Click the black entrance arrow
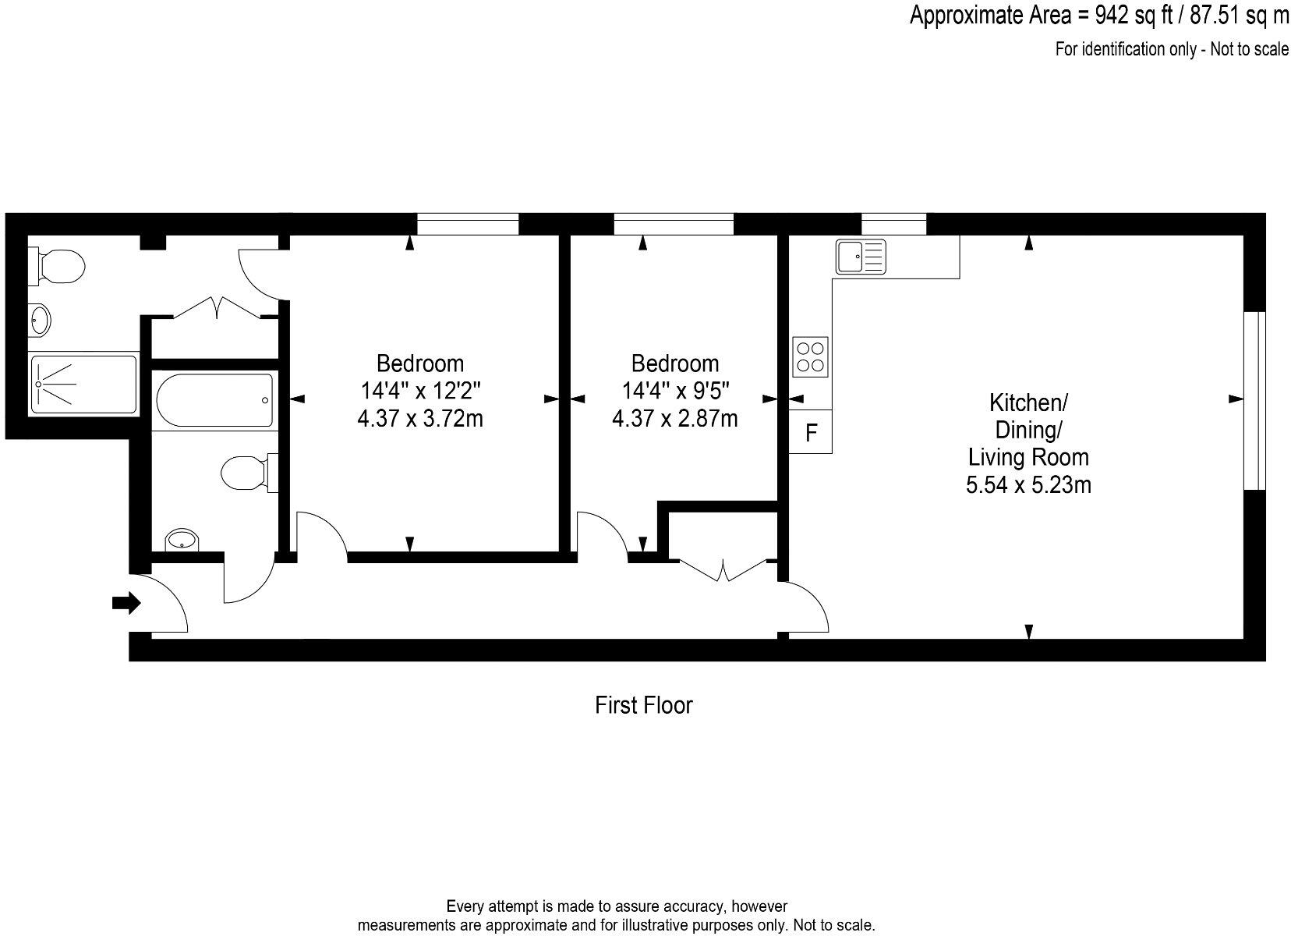tap(126, 602)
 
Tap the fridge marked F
tap(811, 432)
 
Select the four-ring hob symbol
tap(810, 356)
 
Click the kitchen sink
tap(861, 257)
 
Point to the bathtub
tap(214, 400)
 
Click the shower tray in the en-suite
tap(83, 384)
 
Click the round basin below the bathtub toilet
tap(182, 539)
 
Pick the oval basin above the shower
tap(40, 320)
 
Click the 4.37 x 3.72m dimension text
tap(419, 419)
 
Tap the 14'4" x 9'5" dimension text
tap(675, 391)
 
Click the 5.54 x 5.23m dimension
tap(1027, 485)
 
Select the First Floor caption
tap(643, 705)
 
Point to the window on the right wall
tap(1254, 400)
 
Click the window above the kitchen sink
tap(893, 225)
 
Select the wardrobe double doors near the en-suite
tap(216, 307)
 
